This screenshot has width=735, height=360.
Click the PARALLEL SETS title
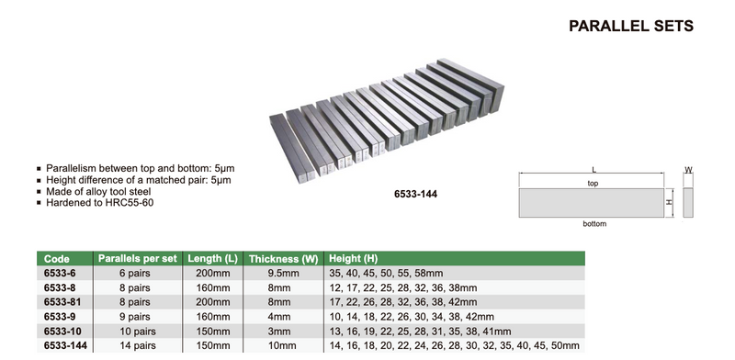pyautogui.click(x=631, y=26)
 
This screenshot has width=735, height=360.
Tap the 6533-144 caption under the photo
pyautogui.click(x=416, y=194)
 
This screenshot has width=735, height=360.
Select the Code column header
pyautogui.click(x=57, y=259)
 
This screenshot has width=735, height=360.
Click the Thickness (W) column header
pyautogui.click(x=284, y=259)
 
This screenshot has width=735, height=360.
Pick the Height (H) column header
pyautogui.click(x=353, y=258)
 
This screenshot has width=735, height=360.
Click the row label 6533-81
pyautogui.click(x=62, y=302)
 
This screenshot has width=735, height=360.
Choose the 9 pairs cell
pyautogui.click(x=134, y=317)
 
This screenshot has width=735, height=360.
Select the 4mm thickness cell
pyautogui.click(x=279, y=317)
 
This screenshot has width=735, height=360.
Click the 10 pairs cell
pyautogui.click(x=137, y=332)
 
